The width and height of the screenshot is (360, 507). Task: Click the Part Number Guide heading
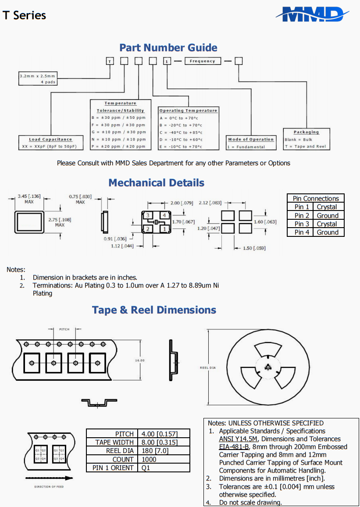[168, 47]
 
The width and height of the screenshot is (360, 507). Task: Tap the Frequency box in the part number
[202, 61]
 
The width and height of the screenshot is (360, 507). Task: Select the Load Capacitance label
[50, 139]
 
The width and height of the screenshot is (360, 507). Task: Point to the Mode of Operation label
[251, 139]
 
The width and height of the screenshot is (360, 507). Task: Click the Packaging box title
[306, 132]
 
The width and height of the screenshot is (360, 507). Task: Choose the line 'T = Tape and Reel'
[305, 146]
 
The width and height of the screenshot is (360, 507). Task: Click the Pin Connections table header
[316, 198]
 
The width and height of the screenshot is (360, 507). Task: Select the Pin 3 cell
[302, 224]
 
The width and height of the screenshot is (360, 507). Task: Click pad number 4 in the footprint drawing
[164, 215]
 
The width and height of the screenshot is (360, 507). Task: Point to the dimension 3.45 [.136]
[29, 196]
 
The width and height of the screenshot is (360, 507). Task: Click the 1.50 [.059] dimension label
[254, 249]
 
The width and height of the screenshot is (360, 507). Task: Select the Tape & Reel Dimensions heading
[154, 310]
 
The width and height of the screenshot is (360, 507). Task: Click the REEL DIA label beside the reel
[208, 368]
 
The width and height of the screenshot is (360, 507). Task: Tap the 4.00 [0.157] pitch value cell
[164, 434]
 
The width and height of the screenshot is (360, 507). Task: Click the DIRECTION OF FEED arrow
[48, 478]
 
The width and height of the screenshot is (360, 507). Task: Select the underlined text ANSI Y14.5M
[239, 439]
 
